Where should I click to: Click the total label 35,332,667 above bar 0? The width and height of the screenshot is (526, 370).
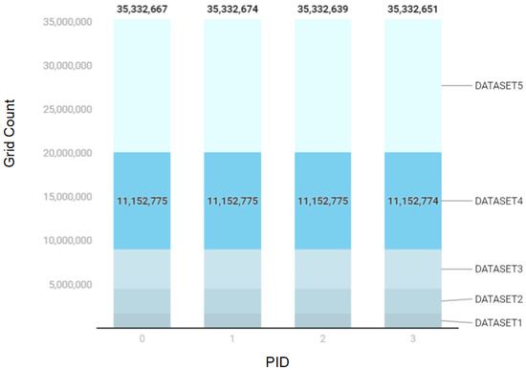click(x=142, y=10)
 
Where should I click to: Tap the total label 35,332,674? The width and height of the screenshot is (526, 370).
click(x=232, y=10)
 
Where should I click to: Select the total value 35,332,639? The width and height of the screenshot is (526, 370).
click(x=322, y=10)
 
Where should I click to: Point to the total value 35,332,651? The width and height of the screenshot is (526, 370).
click(x=413, y=10)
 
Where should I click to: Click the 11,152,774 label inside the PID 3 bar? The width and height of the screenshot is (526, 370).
click(x=413, y=202)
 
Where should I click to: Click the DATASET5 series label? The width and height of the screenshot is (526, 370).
click(x=497, y=85)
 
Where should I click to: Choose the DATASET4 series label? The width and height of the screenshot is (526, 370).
click(x=497, y=202)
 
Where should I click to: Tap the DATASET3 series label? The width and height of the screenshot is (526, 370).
click(x=497, y=270)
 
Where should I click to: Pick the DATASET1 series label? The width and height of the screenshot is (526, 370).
click(x=497, y=322)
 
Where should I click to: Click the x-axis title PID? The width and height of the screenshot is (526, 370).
click(x=277, y=359)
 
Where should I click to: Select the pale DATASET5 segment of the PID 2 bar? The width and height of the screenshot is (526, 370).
click(x=322, y=86)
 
